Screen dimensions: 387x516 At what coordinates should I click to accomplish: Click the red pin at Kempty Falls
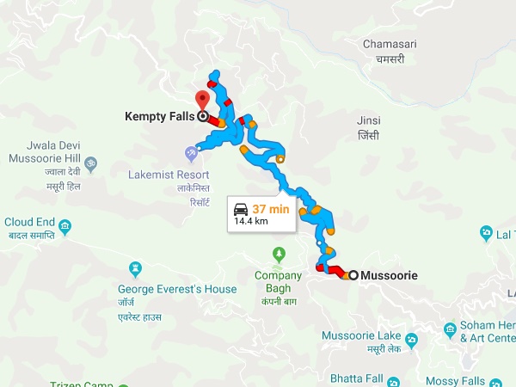point(203,97)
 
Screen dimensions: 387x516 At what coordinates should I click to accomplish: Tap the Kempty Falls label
point(160,116)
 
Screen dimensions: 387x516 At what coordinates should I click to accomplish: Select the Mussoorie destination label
point(390,275)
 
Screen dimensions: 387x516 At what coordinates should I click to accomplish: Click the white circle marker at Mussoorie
point(353,275)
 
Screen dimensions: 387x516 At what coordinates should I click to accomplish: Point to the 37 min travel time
point(272,208)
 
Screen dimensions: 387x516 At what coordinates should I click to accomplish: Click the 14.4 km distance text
point(251,221)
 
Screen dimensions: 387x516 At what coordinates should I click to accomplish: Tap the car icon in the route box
point(241,208)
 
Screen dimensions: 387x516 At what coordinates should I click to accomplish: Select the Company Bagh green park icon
point(278,255)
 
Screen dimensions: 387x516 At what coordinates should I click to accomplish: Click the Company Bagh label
point(278,275)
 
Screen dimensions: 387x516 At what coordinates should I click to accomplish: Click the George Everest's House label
point(176,289)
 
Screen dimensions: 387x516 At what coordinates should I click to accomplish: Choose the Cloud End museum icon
point(66,227)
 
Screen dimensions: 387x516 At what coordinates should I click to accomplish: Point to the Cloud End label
point(29,221)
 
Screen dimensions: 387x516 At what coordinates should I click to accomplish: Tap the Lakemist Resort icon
point(190,153)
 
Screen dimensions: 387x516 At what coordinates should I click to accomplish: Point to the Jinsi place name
point(369,120)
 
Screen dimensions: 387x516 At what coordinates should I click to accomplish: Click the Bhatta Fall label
point(356,378)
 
